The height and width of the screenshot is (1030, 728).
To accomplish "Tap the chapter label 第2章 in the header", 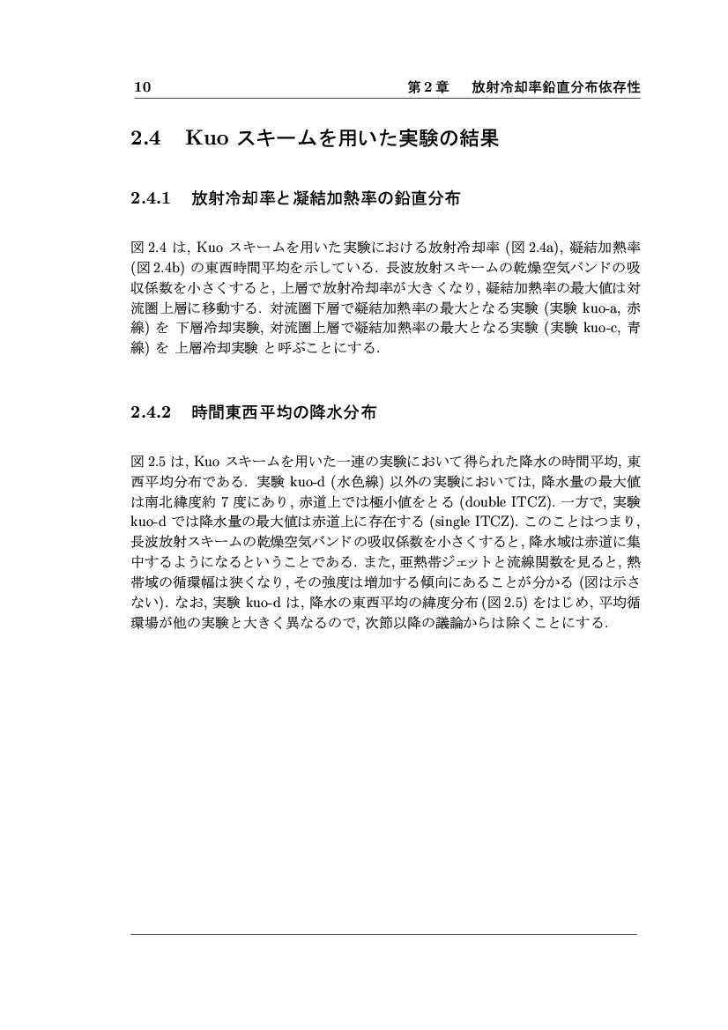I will tap(428, 88).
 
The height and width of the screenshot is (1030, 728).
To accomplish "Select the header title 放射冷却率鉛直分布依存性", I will tap(555, 88).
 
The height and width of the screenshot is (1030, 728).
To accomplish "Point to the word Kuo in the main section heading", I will tap(207, 139).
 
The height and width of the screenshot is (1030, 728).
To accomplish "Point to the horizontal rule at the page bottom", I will tap(383, 934).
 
